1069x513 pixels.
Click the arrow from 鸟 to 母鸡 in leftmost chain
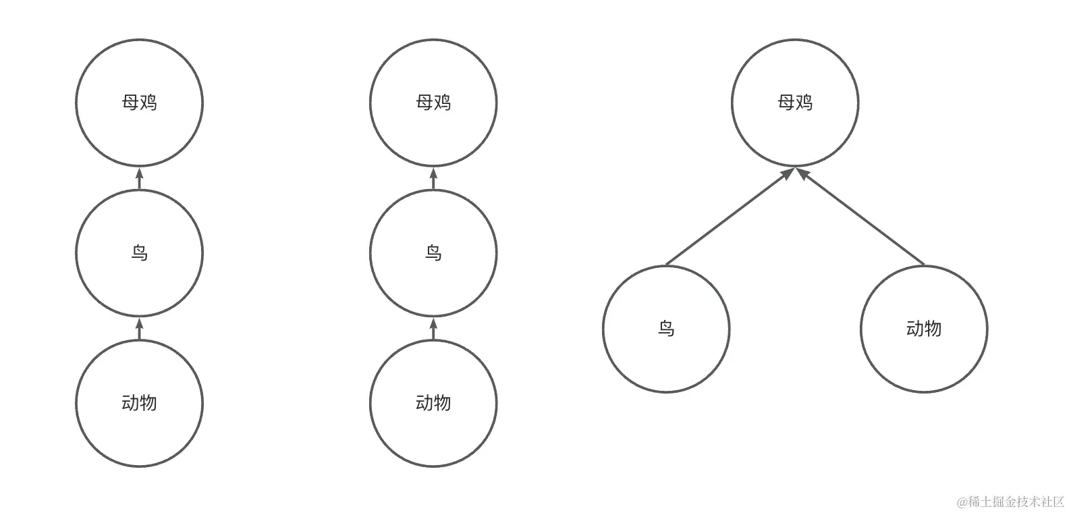click(140, 179)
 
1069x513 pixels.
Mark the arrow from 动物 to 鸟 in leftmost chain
click(140, 329)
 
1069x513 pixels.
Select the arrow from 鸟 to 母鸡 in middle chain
click(433, 179)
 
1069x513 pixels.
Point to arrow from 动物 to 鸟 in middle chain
click(433, 329)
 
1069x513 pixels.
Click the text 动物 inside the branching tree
click(924, 329)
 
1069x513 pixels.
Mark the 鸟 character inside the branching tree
click(666, 329)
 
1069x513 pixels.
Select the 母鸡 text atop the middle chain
click(433, 103)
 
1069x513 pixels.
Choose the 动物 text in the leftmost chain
click(139, 403)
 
